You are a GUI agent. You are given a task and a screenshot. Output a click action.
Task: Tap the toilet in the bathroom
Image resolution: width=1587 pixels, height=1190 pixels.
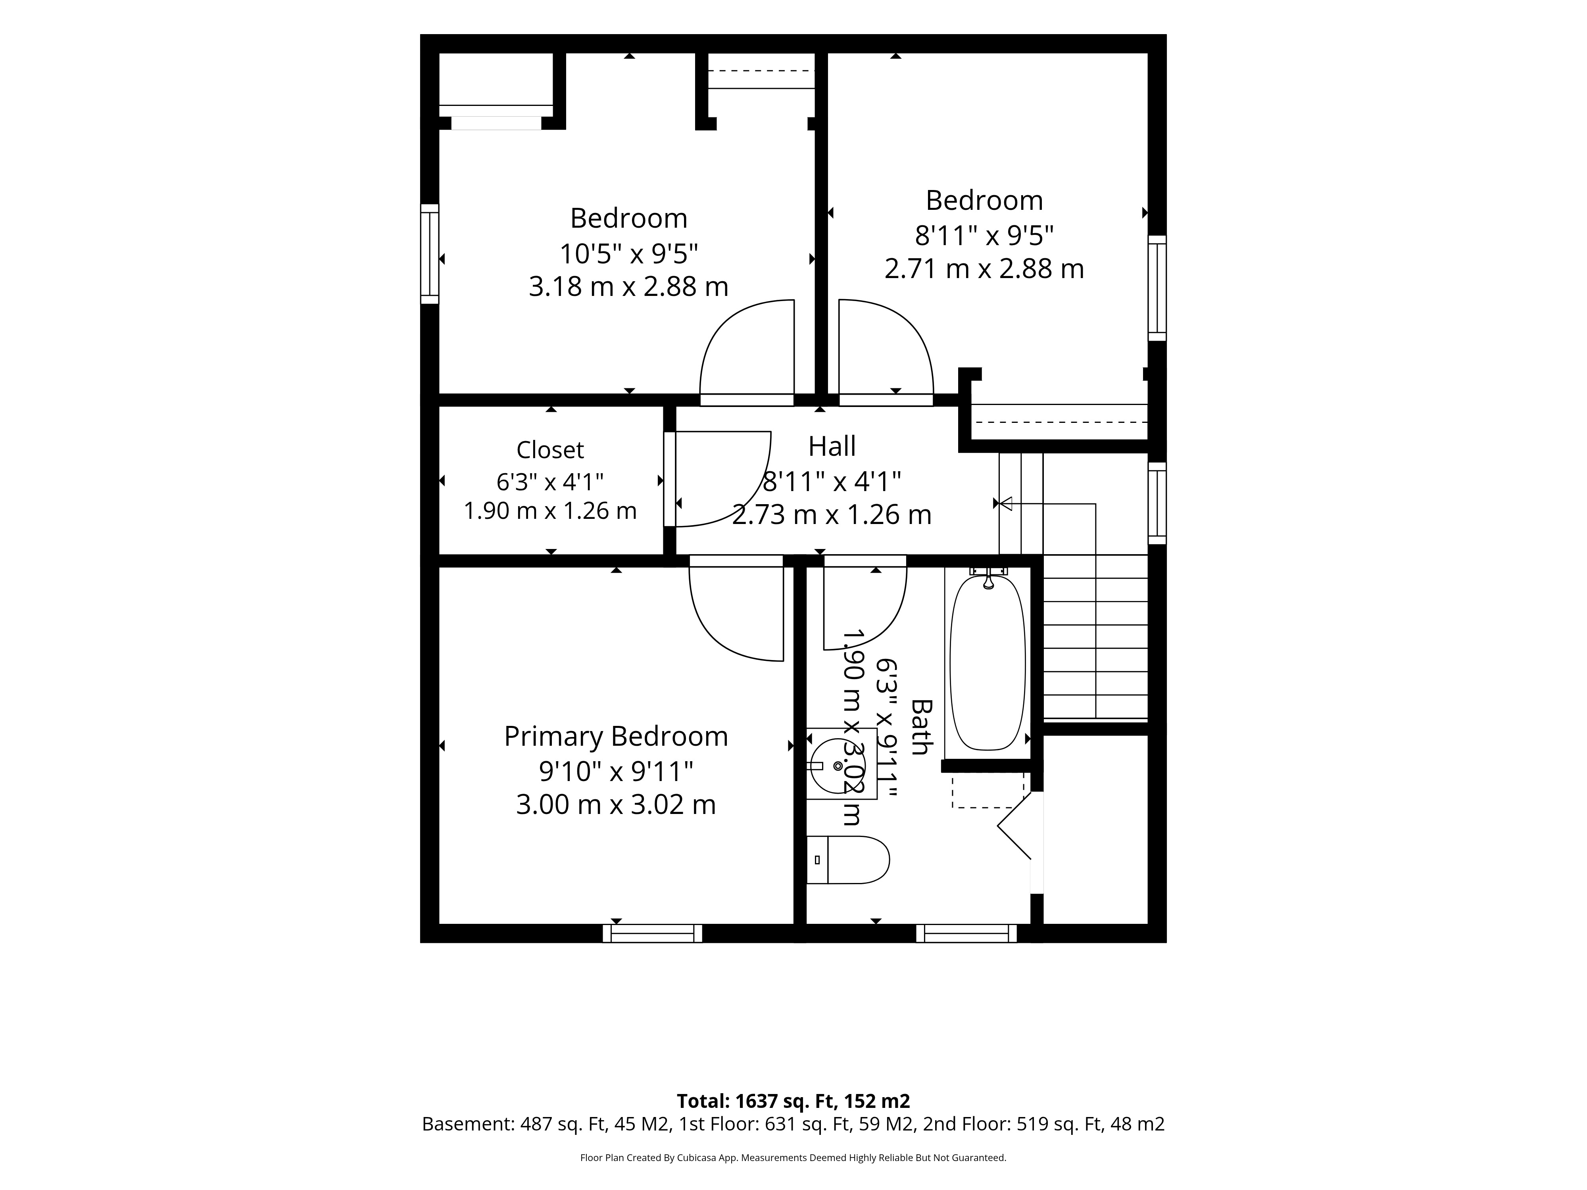848,859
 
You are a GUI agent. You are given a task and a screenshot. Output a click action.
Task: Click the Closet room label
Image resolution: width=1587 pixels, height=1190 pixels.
550,450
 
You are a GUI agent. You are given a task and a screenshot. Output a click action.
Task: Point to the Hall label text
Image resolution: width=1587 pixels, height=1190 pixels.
832,446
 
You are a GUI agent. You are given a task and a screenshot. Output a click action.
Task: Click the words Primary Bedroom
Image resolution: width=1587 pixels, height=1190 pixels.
616,737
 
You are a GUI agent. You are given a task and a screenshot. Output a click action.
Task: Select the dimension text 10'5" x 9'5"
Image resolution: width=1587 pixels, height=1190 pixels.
628,253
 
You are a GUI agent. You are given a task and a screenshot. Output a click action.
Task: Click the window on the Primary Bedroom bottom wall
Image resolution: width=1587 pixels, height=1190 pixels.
652,933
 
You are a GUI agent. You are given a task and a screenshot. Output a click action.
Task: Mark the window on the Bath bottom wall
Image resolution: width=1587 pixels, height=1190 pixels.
966,933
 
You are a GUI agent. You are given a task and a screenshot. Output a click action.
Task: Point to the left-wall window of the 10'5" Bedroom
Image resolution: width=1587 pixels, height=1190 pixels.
429,254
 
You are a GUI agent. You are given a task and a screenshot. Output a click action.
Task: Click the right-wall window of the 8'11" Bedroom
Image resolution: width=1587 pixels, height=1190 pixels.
1157,288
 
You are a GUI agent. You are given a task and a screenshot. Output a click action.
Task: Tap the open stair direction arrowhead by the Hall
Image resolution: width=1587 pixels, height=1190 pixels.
1006,503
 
